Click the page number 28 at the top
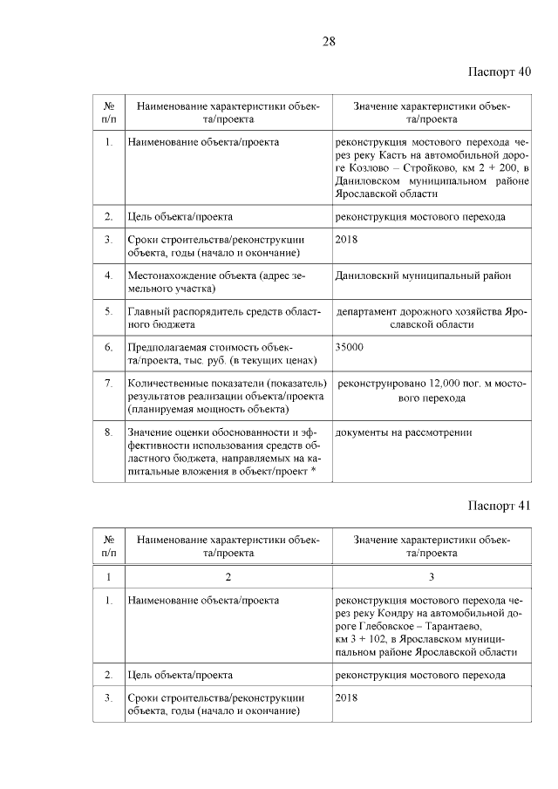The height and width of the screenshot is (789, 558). (330, 40)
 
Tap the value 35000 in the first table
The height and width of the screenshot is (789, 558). (350, 347)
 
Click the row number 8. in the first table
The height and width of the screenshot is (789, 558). (107, 432)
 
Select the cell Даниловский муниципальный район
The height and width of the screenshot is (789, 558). (423, 275)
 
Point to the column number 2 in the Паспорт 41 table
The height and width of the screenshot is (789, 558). (228, 576)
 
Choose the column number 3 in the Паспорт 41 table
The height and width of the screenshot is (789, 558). (431, 576)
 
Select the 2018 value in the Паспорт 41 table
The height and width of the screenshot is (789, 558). (347, 698)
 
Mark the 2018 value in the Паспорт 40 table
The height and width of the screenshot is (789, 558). (347, 240)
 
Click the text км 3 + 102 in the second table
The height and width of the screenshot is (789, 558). (364, 638)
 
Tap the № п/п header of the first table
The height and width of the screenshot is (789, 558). (107, 112)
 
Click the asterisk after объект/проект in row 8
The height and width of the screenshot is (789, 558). (313, 471)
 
